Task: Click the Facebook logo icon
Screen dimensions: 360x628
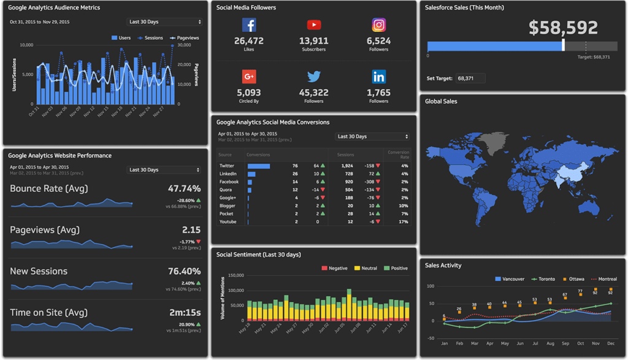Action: tap(248, 25)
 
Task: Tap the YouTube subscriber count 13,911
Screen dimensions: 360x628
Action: tap(313, 41)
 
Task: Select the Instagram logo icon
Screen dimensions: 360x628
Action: tap(379, 25)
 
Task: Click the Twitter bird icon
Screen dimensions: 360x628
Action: tap(313, 77)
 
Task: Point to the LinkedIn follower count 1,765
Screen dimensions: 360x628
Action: tap(378, 93)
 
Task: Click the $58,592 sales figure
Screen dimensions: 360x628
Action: tap(563, 28)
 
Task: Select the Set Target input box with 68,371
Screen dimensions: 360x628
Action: tap(470, 79)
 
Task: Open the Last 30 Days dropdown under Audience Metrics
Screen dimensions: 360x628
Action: tap(164, 22)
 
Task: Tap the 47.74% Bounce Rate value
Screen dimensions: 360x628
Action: tap(184, 188)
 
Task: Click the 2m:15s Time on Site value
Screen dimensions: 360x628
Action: tap(185, 312)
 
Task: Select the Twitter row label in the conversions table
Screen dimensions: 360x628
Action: tap(227, 166)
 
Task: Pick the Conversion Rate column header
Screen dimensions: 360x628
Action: tap(398, 155)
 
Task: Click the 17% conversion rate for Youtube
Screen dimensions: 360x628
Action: tap(403, 221)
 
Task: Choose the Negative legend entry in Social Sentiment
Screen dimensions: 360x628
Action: tap(334, 268)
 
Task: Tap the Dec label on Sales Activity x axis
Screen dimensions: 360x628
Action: tap(611, 343)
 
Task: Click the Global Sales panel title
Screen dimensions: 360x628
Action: tap(441, 101)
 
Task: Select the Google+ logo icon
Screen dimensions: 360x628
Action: tap(248, 77)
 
